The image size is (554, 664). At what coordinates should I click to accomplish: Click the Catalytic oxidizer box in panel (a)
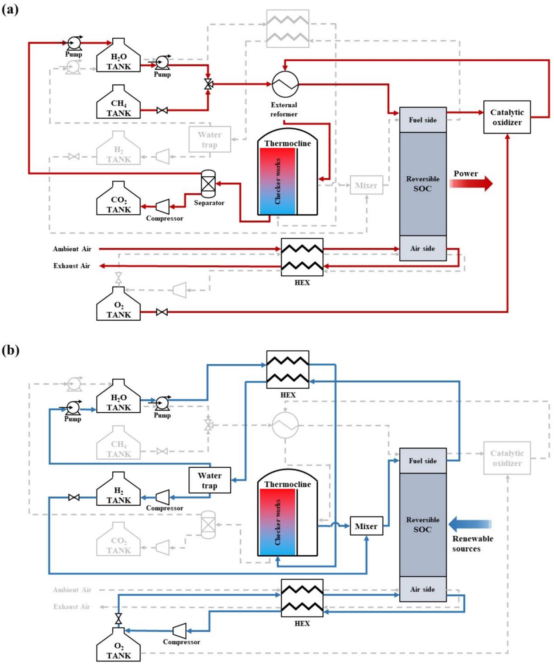[507, 117]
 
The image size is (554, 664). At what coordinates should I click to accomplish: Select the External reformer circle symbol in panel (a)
[285, 84]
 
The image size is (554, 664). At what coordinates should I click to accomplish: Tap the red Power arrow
[471, 184]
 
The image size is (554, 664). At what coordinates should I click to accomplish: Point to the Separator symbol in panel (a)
[208, 183]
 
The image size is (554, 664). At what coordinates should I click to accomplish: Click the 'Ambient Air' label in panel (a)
[72, 249]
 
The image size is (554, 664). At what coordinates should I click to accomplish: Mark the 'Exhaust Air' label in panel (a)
[72, 266]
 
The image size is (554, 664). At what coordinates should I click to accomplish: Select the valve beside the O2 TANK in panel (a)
[162, 312]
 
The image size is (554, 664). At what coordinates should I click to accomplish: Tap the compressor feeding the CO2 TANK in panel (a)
[163, 206]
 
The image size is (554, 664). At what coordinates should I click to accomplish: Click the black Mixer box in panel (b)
[366, 526]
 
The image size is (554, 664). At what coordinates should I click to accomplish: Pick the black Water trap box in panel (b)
[210, 480]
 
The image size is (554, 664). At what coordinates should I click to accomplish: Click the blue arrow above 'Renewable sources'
[470, 524]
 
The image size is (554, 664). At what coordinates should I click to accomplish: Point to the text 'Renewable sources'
[472, 544]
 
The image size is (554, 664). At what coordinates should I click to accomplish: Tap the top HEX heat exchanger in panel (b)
[287, 370]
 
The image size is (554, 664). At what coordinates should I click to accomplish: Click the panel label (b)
[10, 350]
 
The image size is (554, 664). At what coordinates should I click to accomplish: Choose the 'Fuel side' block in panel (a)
[422, 120]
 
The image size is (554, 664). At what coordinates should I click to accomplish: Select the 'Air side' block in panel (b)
[422, 589]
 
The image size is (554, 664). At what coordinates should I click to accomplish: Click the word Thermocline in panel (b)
[287, 484]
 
